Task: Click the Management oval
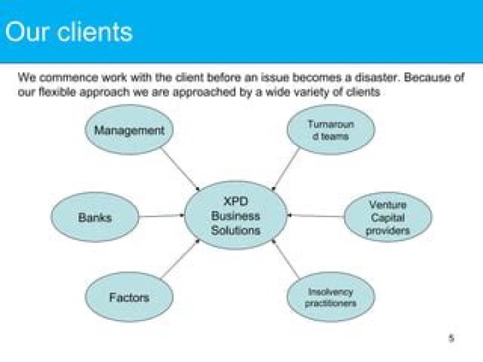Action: pyautogui.click(x=129, y=130)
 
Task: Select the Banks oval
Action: pyautogui.click(x=95, y=217)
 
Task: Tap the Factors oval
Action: pyautogui.click(x=129, y=297)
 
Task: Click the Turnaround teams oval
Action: pyautogui.click(x=330, y=130)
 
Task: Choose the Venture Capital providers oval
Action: pyautogui.click(x=388, y=217)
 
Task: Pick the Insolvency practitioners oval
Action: pyautogui.click(x=330, y=297)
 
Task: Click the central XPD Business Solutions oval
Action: pyautogui.click(x=235, y=216)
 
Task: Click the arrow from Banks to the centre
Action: pyautogui.click(x=161, y=216)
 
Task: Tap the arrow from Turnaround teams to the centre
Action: pyautogui.click(x=286, y=168)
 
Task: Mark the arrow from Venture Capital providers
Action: pyautogui.click(x=315, y=216)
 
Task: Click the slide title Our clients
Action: pyautogui.click(x=68, y=32)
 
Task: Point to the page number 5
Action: pyautogui.click(x=451, y=339)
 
